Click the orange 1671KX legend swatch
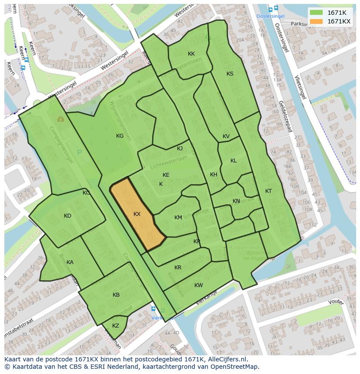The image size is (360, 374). (x=317, y=21)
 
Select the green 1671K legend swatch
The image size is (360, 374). (x=317, y=13)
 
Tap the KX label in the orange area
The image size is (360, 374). (x=137, y=214)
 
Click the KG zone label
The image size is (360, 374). (x=120, y=136)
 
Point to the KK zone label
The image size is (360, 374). (x=191, y=54)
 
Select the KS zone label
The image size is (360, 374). (x=230, y=74)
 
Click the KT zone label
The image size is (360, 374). (x=268, y=191)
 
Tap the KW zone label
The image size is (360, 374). (x=199, y=285)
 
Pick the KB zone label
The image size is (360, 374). (x=116, y=295)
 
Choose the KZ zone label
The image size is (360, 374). (x=116, y=326)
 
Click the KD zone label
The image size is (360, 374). (x=67, y=216)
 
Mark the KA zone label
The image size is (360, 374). (x=70, y=262)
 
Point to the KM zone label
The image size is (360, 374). (x=178, y=218)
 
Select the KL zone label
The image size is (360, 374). (x=233, y=161)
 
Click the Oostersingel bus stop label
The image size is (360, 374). (x=270, y=16)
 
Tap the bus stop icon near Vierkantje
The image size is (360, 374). (x=153, y=309)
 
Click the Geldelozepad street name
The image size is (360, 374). (x=283, y=113)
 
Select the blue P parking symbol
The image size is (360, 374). (x=79, y=152)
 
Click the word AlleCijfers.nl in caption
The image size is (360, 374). (x=226, y=359)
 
